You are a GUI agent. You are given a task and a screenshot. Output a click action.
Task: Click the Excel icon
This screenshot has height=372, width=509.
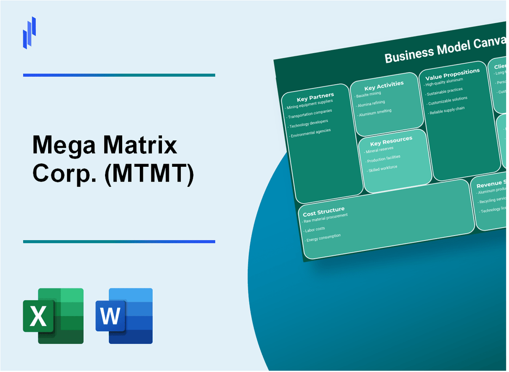coord(53,316)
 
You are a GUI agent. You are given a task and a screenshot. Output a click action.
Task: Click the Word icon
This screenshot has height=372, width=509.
coord(124,316)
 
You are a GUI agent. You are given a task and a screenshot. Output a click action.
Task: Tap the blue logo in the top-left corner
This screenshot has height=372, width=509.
coord(29,32)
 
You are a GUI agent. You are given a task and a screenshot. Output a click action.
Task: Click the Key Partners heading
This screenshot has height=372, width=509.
coord(315,97)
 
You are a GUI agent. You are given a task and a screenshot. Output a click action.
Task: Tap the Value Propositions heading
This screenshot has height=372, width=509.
coord(452,74)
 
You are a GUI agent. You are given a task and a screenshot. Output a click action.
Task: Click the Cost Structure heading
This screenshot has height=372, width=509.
coord(323,212)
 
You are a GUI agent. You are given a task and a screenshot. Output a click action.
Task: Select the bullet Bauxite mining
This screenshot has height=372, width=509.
coord(368,95)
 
